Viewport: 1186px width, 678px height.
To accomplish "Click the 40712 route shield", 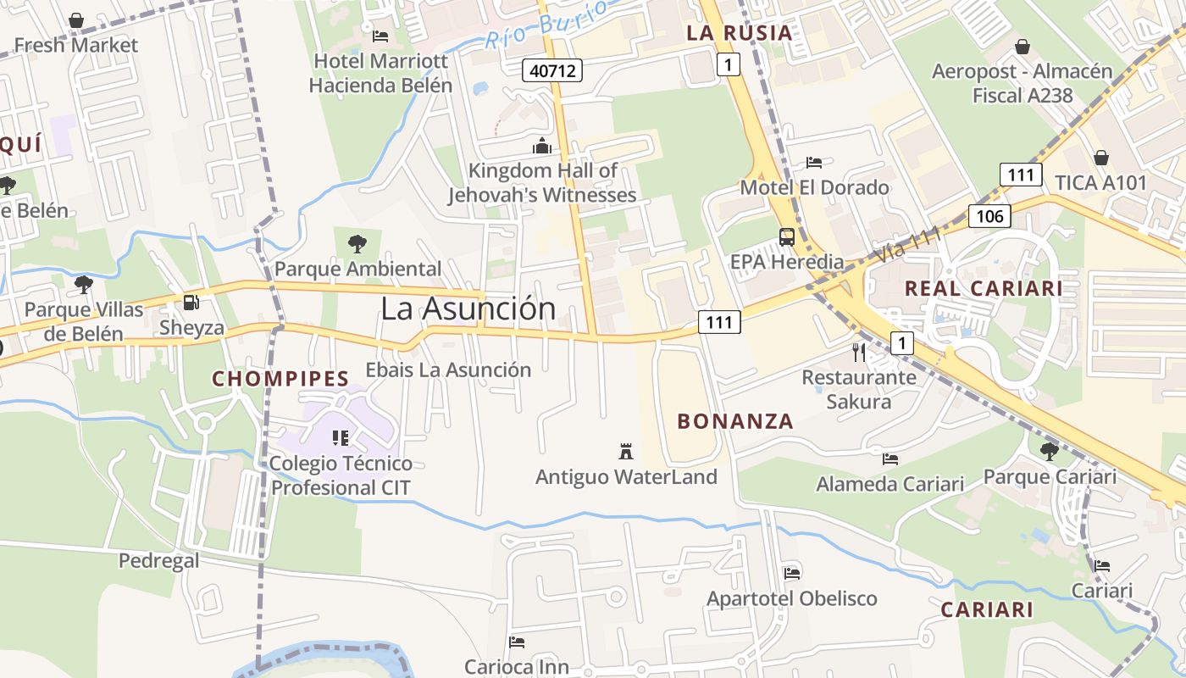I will [553, 70].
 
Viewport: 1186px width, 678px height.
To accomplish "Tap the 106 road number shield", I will [989, 216].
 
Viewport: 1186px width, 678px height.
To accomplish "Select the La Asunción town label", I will [468, 308].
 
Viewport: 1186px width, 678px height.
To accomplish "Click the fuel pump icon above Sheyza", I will [192, 303].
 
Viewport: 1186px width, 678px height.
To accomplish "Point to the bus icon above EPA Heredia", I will [787, 236].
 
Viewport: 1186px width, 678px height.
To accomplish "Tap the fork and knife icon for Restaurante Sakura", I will [859, 353].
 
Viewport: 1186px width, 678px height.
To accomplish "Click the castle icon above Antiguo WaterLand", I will [626, 451].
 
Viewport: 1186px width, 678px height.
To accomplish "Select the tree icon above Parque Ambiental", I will [357, 244].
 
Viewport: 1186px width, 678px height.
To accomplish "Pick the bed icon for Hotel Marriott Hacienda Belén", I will [380, 36].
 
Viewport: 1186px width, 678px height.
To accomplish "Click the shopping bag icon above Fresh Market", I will [76, 19].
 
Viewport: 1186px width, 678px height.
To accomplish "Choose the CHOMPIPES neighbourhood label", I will [280, 379].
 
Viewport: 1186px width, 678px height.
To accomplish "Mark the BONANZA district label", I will [735, 421].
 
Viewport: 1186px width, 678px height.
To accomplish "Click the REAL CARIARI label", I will [983, 288].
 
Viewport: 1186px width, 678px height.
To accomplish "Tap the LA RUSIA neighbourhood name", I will [740, 33].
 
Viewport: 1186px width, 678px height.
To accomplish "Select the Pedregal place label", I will [159, 560].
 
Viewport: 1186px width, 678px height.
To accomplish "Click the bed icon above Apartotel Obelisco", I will [792, 573].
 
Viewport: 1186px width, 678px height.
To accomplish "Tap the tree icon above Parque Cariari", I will [1050, 451].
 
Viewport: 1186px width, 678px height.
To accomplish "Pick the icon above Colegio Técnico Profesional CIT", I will [341, 438].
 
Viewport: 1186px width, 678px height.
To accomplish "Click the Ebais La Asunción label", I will [448, 370].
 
